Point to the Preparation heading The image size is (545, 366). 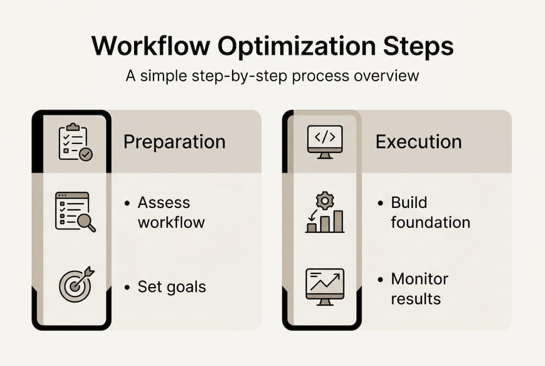pos(174,142)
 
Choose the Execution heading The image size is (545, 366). pos(419,142)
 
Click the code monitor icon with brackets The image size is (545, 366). pos(325,141)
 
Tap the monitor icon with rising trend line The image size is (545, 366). pos(325,286)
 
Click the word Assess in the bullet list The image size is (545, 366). pos(164,203)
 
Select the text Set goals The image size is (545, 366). pos(172,287)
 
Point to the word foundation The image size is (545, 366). pos(430,222)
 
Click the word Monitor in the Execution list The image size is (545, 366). pos(420,279)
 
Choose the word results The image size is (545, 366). pos(415,298)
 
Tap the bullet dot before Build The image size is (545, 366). pos(380,203)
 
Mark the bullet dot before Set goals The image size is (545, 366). pos(127,288)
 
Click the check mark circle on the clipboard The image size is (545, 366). pos(86,155)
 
